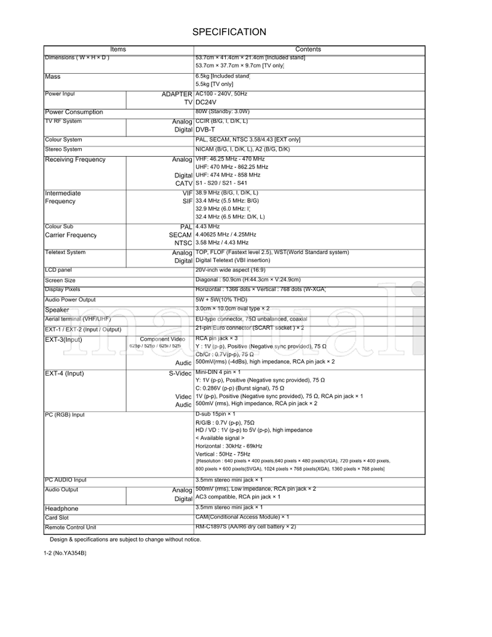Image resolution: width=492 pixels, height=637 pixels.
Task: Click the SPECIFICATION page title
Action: (x=229, y=32)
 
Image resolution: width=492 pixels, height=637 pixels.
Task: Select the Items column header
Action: (x=118, y=49)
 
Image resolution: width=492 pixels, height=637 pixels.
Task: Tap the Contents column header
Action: (x=308, y=49)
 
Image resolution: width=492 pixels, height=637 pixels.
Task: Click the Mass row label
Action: (x=52, y=77)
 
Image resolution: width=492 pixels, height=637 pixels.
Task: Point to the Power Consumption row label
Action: (x=74, y=112)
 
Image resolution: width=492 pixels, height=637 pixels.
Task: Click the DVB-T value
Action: (x=205, y=130)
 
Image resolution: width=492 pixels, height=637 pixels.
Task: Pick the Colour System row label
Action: (x=63, y=140)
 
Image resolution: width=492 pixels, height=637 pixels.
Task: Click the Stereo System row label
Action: (x=63, y=149)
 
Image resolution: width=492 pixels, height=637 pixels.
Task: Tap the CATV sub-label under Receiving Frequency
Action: (x=183, y=183)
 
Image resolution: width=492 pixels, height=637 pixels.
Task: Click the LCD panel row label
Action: (x=58, y=270)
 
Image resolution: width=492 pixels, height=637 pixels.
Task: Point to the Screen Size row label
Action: (x=60, y=280)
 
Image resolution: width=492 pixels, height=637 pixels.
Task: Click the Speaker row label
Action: (x=57, y=310)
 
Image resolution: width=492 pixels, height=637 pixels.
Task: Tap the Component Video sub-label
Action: (x=162, y=339)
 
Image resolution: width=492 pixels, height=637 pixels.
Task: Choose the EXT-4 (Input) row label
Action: (x=65, y=373)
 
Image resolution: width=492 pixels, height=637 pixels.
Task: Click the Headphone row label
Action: (x=61, y=508)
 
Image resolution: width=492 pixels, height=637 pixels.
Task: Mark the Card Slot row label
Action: (x=57, y=518)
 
